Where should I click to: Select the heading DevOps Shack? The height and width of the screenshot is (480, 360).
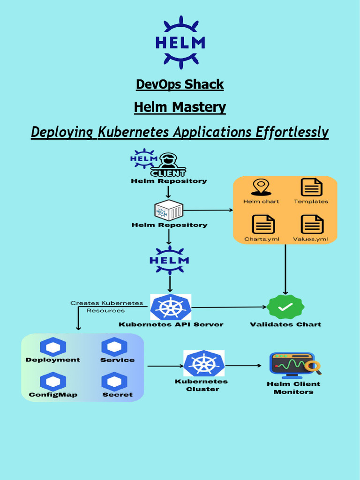(180, 84)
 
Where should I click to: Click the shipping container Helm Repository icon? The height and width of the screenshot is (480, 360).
(169, 210)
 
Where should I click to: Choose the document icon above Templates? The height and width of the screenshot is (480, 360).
(311, 187)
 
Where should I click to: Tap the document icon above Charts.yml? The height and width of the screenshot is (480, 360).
(263, 224)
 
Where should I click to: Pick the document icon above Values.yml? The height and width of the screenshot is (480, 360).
(312, 224)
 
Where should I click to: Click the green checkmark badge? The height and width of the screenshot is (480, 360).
(285, 307)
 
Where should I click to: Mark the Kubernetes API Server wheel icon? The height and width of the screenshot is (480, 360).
(171, 307)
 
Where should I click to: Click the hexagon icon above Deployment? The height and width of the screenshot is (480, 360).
(53, 347)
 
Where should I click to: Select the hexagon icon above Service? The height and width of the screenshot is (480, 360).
(114, 347)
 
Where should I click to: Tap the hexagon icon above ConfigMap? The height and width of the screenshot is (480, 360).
(53, 382)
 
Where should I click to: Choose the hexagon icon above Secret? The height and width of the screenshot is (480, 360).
(114, 382)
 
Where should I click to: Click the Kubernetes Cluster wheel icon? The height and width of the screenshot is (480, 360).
(203, 364)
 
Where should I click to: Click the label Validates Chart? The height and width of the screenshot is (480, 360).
(285, 324)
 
